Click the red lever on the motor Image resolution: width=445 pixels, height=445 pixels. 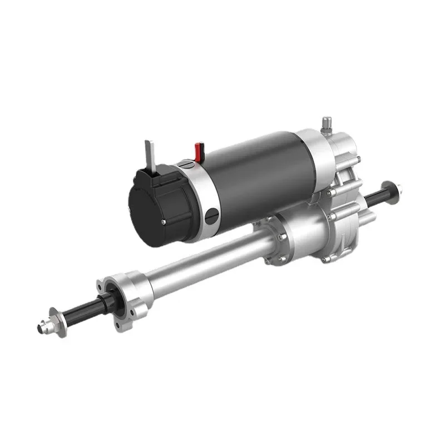pyautogui.click(x=198, y=151)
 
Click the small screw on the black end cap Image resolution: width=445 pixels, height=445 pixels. pyautogui.click(x=162, y=221)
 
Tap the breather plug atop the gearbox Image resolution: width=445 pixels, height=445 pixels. pyautogui.click(x=327, y=123)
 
